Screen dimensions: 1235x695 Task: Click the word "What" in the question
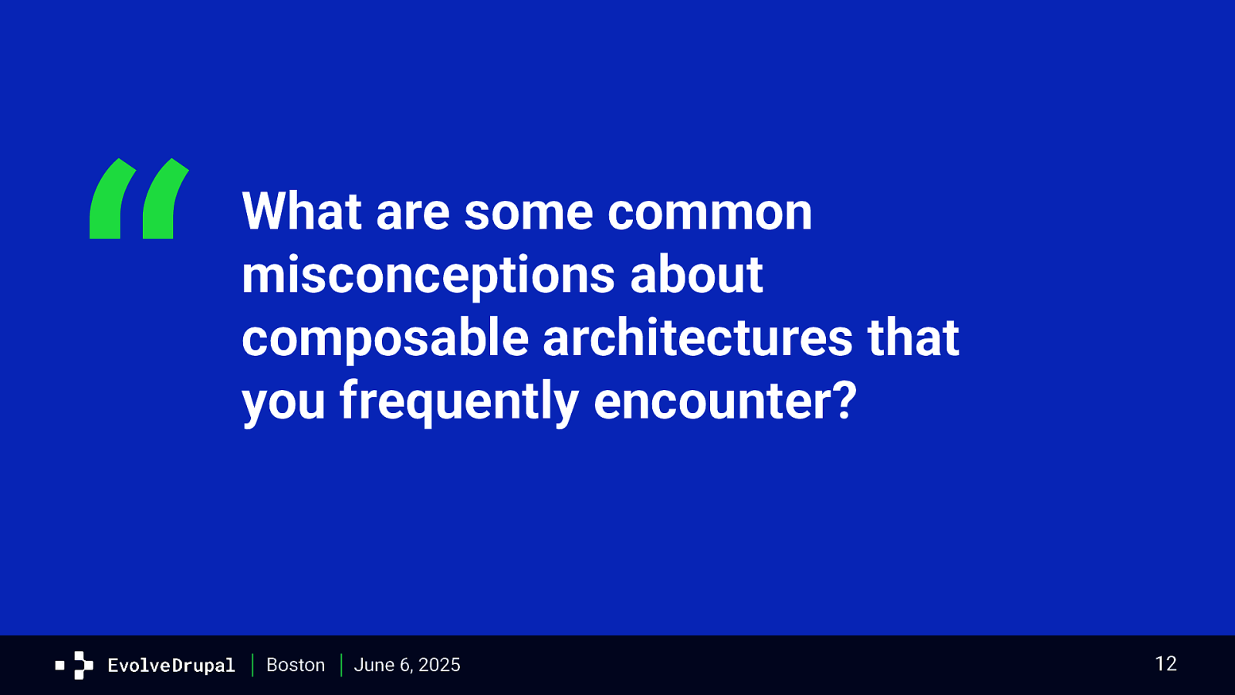[x=302, y=211]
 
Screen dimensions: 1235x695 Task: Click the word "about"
[x=696, y=274]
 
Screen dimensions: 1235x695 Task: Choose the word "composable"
[x=385, y=339]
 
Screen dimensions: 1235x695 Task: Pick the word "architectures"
[x=698, y=337]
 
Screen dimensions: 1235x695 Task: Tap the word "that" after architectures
[x=913, y=337]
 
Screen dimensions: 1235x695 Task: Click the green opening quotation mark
[x=139, y=199]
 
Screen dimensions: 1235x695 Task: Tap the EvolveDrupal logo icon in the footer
[x=74, y=665]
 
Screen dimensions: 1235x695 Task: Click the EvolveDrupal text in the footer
[x=171, y=665]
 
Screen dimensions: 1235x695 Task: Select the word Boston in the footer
[x=296, y=665]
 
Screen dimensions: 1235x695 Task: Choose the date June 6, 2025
[x=407, y=665]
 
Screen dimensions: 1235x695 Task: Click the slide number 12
[x=1166, y=663]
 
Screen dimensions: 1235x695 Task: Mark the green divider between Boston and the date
[x=341, y=665]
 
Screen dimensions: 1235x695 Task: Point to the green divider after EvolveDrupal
[x=252, y=665]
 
